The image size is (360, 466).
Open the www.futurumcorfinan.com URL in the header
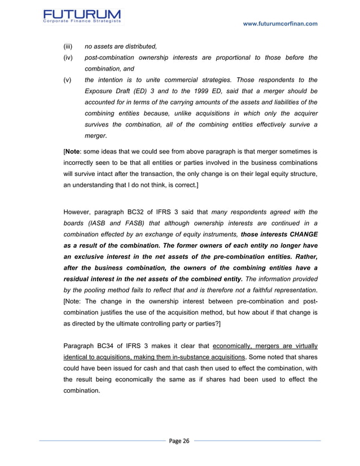tap(279, 24)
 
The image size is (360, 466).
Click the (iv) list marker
tap(67, 58)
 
